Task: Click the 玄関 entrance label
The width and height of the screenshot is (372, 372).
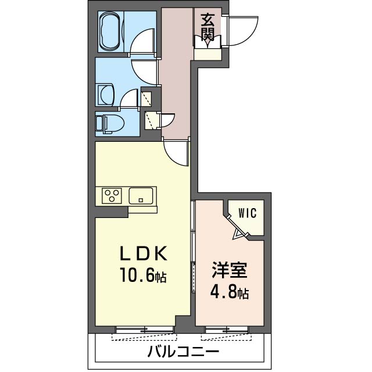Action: click(x=208, y=27)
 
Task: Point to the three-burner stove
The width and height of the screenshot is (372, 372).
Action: click(x=112, y=196)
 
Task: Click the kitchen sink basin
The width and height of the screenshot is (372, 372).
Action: click(x=141, y=196)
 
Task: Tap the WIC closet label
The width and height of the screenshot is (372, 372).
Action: click(x=248, y=213)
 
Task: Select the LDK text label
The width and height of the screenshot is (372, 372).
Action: click(x=143, y=255)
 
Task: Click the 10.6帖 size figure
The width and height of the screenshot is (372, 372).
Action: click(x=143, y=275)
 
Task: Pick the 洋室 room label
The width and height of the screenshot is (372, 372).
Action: click(x=230, y=270)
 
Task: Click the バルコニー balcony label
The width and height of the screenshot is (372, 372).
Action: click(x=183, y=351)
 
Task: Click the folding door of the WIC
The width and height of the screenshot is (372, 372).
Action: click(x=238, y=227)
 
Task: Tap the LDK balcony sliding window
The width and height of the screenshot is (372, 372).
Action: click(x=144, y=330)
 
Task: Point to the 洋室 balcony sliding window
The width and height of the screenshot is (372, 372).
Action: click(x=227, y=330)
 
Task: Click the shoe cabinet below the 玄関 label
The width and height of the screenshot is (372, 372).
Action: click(x=208, y=54)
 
